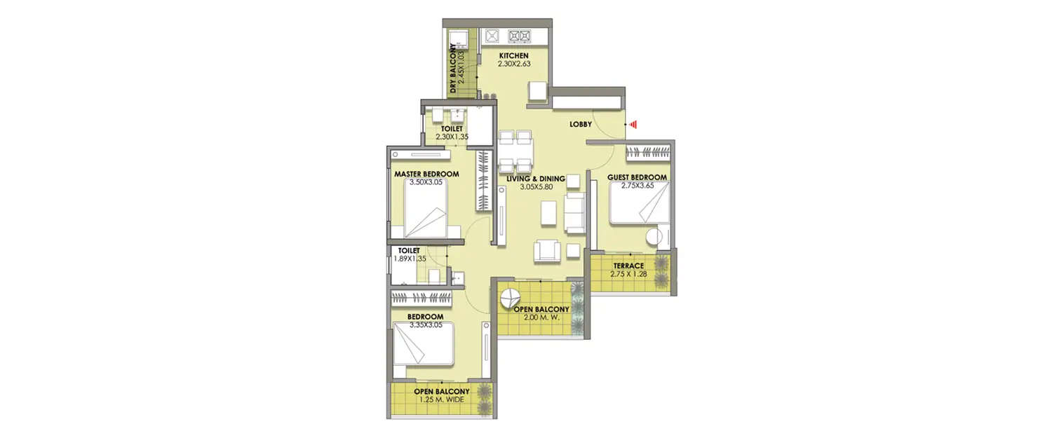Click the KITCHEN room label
click(513, 56)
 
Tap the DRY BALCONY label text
click(454, 69)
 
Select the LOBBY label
click(581, 124)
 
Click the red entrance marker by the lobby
click(633, 124)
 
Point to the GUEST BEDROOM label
click(638, 177)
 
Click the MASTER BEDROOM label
click(426, 174)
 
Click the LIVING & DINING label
click(537, 179)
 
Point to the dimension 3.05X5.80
click(537, 187)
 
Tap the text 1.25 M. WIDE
click(441, 400)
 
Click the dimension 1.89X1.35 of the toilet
click(410, 259)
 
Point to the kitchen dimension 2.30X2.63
click(513, 64)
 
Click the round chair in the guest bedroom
click(657, 236)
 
